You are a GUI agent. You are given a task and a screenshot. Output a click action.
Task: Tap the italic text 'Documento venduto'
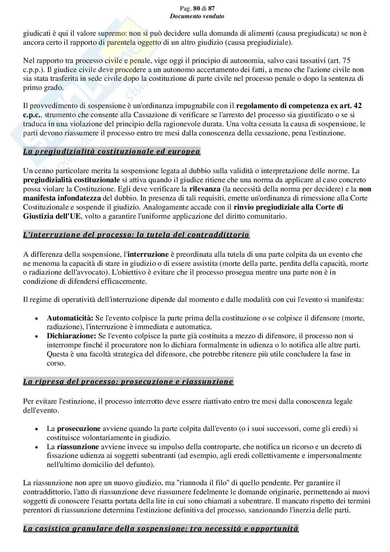pyautogui.click(x=197, y=16)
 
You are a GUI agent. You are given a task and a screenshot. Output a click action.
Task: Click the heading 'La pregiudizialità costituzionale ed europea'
pyautogui.click(x=112, y=151)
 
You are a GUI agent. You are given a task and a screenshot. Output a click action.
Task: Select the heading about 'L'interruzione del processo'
pyautogui.click(x=136, y=235)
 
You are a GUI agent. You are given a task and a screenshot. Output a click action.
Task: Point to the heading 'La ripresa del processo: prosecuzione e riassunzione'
pyautogui.click(x=128, y=381)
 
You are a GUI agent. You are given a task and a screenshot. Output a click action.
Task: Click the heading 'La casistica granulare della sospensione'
pyautogui.click(x=161, y=528)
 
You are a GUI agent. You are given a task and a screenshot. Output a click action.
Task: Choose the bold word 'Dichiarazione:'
pyautogui.click(x=71, y=336)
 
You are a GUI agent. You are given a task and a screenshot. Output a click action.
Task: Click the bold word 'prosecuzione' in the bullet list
pyautogui.click(x=79, y=429)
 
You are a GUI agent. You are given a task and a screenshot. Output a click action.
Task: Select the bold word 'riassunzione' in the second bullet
pyautogui.click(x=78, y=447)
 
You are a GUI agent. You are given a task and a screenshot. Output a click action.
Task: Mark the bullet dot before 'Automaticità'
pyautogui.click(x=37, y=319)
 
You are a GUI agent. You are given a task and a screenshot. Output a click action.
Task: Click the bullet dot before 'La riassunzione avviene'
pyautogui.click(x=37, y=447)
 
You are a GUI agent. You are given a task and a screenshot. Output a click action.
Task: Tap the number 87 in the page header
pyautogui.click(x=211, y=8)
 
